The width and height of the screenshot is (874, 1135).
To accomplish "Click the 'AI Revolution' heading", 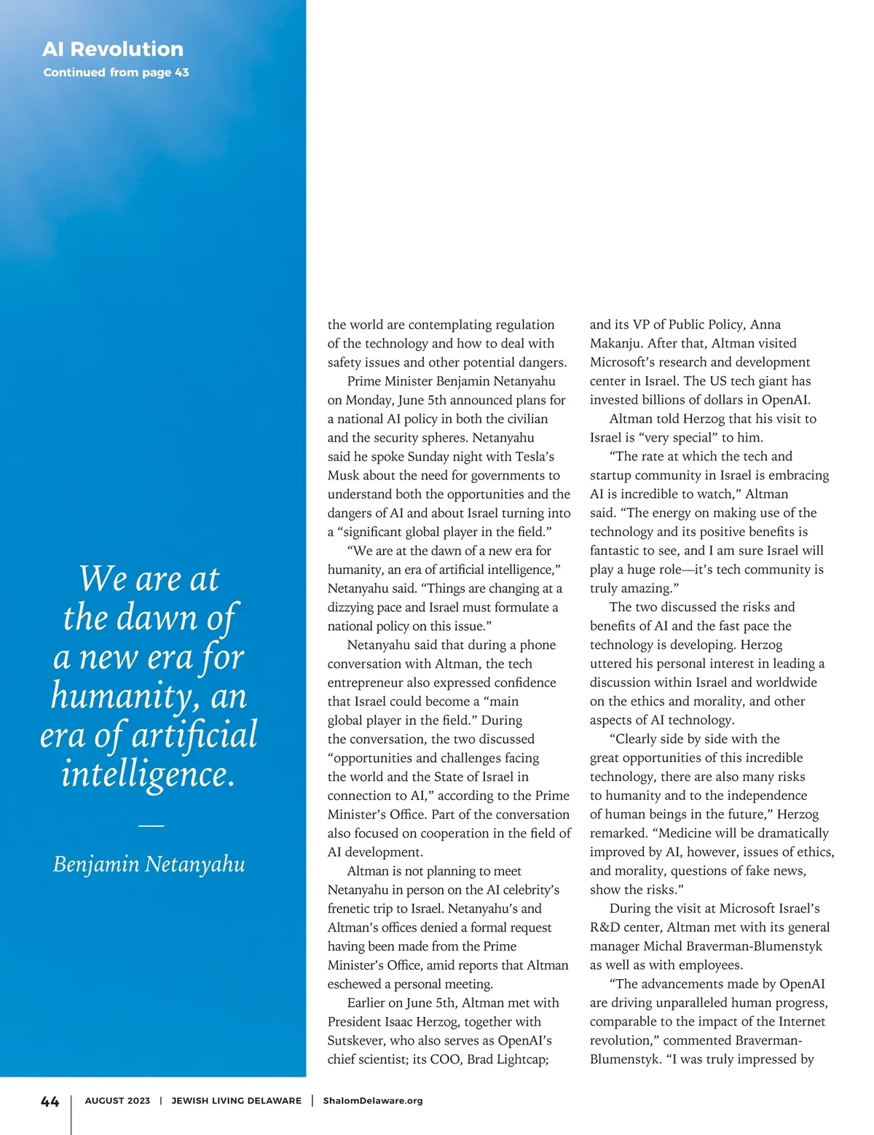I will click(113, 49).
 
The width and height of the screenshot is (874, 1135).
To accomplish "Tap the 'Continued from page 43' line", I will click(116, 72).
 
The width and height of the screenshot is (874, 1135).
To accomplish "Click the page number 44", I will click(50, 1101).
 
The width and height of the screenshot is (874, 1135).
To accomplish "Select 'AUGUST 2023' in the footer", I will click(117, 1101).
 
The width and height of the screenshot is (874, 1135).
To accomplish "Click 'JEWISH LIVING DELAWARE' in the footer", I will click(236, 1101).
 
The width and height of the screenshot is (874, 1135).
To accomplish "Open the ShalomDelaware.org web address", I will click(373, 1101).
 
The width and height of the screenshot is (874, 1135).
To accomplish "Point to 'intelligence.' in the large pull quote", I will click(149, 774).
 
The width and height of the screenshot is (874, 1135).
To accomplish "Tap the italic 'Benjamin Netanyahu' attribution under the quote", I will click(149, 864).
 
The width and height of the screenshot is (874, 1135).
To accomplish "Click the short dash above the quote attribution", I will click(151, 825).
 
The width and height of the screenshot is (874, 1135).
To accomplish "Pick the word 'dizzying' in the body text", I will click(353, 608).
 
